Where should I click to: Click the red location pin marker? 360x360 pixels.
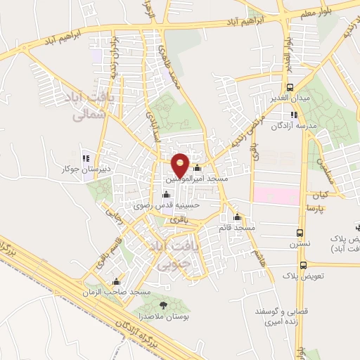pyautogui.click(x=181, y=164)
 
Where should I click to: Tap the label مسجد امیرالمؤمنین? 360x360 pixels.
pyautogui.click(x=196, y=179)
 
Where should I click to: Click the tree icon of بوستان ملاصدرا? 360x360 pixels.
pyautogui.click(x=164, y=304)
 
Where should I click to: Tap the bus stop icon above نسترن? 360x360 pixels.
pyautogui.click(x=300, y=233)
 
